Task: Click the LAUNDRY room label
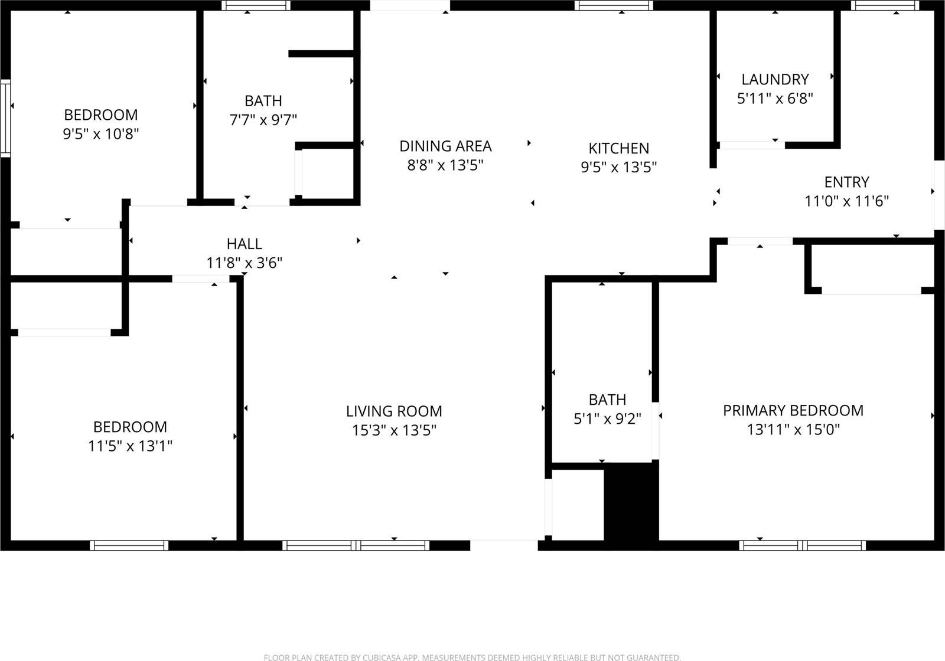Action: pyautogui.click(x=775, y=79)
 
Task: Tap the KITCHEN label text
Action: pyautogui.click(x=618, y=148)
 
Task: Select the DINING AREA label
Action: pyautogui.click(x=445, y=146)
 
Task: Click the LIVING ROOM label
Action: pyautogui.click(x=394, y=411)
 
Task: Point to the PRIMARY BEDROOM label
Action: pyautogui.click(x=793, y=410)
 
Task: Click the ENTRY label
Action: pyautogui.click(x=846, y=182)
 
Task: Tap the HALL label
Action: pyautogui.click(x=244, y=243)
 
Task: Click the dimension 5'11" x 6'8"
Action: pyautogui.click(x=775, y=98)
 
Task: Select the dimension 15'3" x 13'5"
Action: pyautogui.click(x=394, y=430)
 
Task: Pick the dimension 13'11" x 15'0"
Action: pyautogui.click(x=793, y=430)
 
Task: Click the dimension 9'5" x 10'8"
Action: pyautogui.click(x=101, y=134)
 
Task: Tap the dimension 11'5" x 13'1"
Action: pyautogui.click(x=130, y=446)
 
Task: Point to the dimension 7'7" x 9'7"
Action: pyautogui.click(x=263, y=120)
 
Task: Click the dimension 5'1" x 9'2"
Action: pyautogui.click(x=607, y=419)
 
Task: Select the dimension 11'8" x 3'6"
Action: pyautogui.click(x=244, y=263)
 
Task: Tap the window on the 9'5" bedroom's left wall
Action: pyautogui.click(x=5, y=117)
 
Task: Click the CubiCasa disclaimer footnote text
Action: pyautogui.click(x=472, y=657)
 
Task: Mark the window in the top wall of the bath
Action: pyautogui.click(x=256, y=5)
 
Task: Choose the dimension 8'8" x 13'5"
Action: pyautogui.click(x=445, y=165)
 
